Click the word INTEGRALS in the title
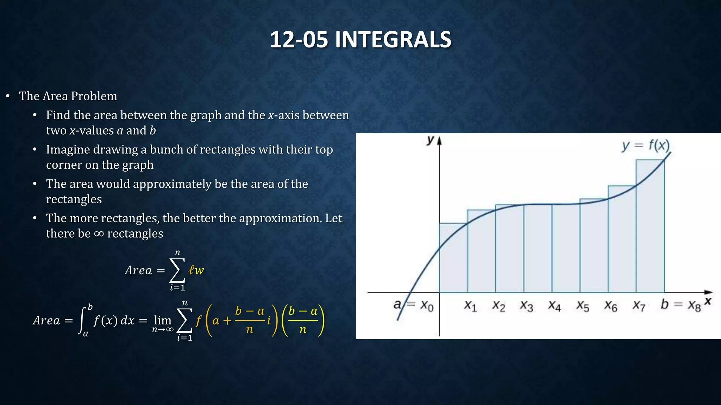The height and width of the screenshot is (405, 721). pyautogui.click(x=393, y=39)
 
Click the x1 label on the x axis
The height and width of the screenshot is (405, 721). pyautogui.click(x=470, y=306)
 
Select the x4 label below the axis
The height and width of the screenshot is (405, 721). pyautogui.click(x=554, y=306)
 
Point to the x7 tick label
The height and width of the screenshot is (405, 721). pyautogui.click(x=639, y=306)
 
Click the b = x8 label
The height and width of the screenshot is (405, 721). pyautogui.click(x=681, y=305)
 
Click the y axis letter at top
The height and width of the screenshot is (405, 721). pyautogui.click(x=430, y=140)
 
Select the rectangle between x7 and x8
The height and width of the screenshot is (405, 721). pyautogui.click(x=650, y=229)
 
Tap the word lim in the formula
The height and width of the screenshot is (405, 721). pyautogui.click(x=162, y=320)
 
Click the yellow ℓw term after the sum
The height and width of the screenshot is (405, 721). pyautogui.click(x=196, y=270)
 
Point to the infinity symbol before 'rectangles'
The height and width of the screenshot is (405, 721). pyautogui.click(x=99, y=234)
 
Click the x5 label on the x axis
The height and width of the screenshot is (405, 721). pyautogui.click(x=582, y=306)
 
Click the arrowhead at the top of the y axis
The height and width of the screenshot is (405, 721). pyautogui.click(x=439, y=141)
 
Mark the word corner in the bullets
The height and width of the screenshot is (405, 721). pyautogui.click(x=62, y=165)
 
